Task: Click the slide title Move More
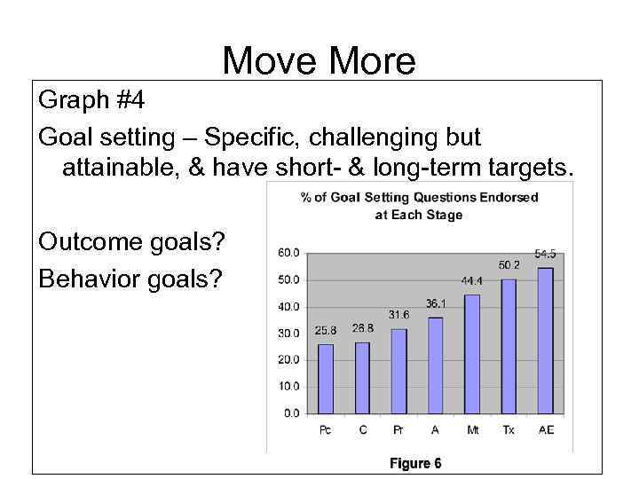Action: (319, 61)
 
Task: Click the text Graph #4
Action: (91, 102)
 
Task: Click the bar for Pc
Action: (326, 379)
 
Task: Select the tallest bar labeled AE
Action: (546, 341)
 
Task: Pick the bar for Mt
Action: (472, 354)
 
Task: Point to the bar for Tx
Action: (509, 347)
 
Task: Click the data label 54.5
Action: (545, 254)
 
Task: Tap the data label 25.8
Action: (326, 331)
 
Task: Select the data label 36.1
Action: (436, 303)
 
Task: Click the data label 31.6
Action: (399, 315)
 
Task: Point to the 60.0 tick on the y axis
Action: (288, 253)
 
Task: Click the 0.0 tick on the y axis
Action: (291, 413)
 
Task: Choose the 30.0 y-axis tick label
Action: (288, 334)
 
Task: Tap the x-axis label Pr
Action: (399, 430)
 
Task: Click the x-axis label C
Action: (362, 430)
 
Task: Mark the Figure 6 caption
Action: (416, 463)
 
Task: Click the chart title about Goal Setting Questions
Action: (419, 206)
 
